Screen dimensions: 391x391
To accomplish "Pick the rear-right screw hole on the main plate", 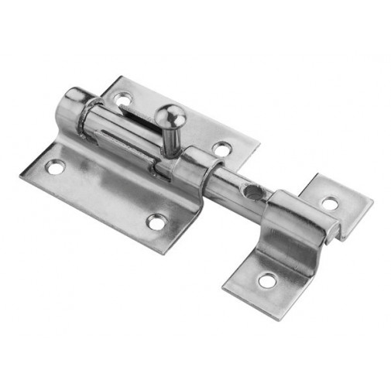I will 221,148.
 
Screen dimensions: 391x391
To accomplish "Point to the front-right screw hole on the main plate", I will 156,222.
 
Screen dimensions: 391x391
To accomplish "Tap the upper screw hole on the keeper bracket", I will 330,204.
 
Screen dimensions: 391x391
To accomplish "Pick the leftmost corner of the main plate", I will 21,175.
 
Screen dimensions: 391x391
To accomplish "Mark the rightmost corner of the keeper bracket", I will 372,204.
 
